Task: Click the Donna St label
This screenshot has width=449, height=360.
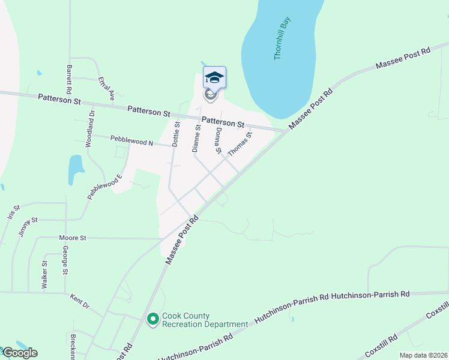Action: coord(219,140)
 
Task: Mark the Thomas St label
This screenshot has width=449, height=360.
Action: coord(241,145)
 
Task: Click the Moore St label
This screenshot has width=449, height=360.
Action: coord(73,238)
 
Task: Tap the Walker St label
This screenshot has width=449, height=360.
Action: coord(44,275)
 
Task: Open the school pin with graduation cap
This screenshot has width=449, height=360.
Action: coord(214,78)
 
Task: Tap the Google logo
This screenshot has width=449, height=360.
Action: coord(19,352)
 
